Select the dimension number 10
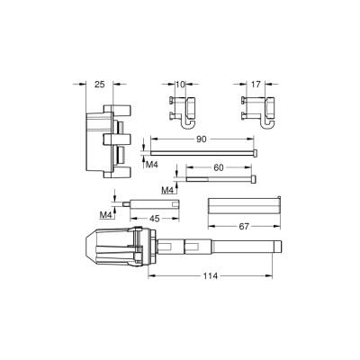point(179,85)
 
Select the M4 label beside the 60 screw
point(167,190)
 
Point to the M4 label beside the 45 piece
point(105,215)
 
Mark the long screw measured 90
point(203,154)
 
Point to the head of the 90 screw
point(259,154)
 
